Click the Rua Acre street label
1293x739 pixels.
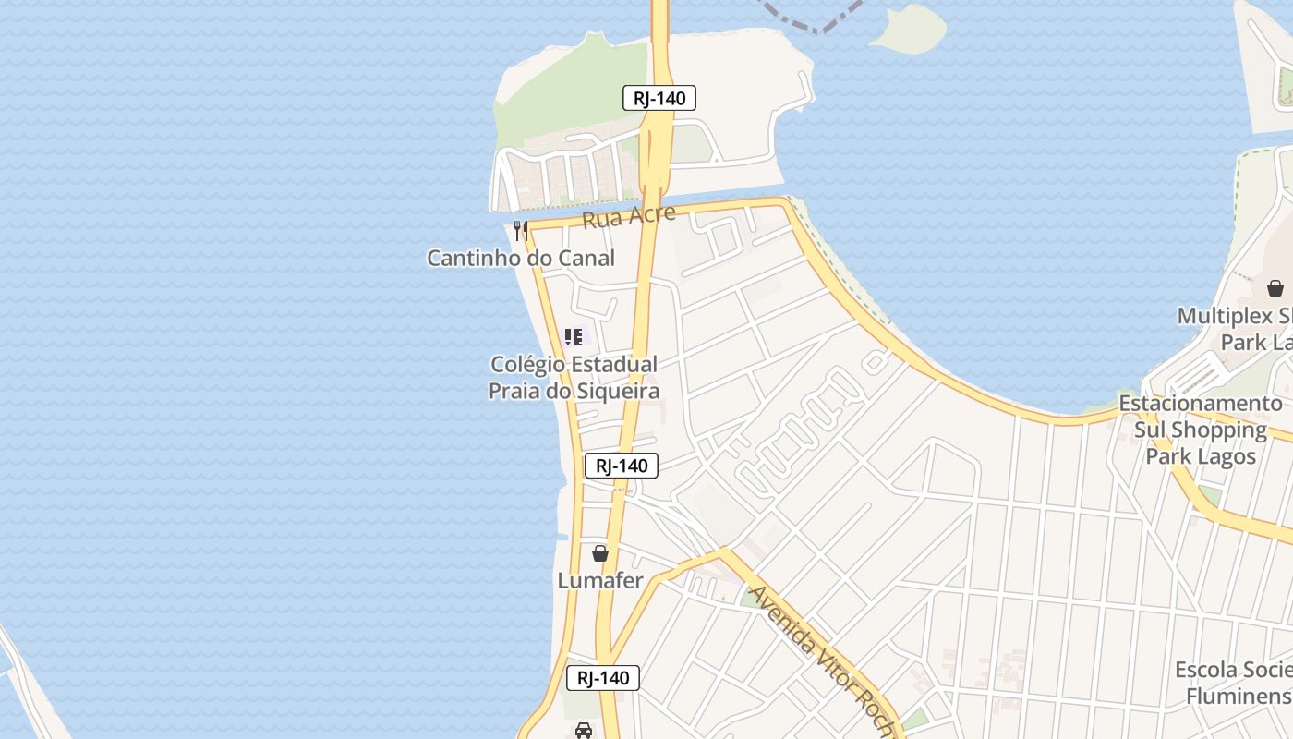[628, 217]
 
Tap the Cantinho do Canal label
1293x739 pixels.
[521, 258]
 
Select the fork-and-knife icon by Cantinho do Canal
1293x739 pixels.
[521, 230]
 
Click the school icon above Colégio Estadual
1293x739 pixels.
[574, 337]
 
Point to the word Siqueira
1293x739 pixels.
[613, 391]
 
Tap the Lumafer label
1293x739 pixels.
[600, 580]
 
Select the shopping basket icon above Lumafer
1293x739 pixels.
[600, 553]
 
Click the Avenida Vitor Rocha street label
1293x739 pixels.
[820, 660]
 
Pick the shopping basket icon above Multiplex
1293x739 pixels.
[1275, 288]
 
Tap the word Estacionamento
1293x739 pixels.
[1200, 404]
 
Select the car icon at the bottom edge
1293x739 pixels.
[584, 731]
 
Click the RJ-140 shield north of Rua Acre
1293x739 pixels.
[659, 98]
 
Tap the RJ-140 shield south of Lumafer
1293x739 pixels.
[603, 678]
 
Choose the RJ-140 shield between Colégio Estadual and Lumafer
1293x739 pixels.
[622, 466]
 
